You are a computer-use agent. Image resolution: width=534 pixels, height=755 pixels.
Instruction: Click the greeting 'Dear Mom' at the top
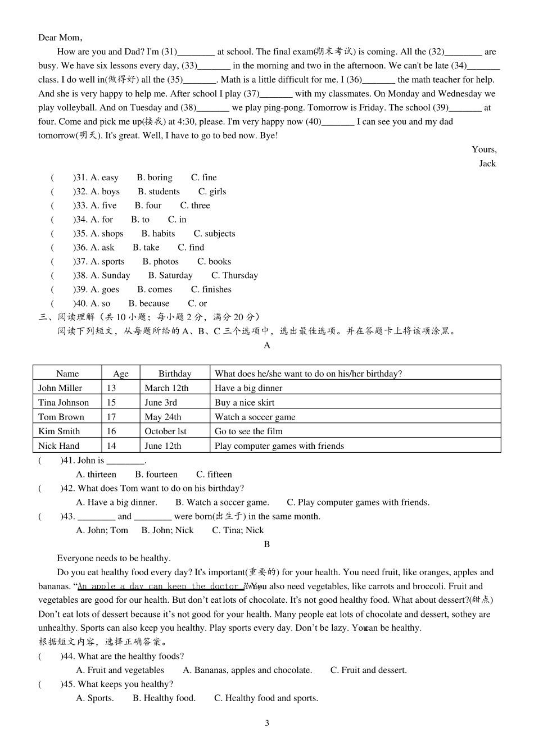(60, 38)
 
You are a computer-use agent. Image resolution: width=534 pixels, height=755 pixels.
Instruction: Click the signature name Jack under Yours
(487, 163)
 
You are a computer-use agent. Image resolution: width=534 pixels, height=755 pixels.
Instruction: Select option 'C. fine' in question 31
(203, 178)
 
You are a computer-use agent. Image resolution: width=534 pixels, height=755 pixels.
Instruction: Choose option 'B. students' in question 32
(159, 192)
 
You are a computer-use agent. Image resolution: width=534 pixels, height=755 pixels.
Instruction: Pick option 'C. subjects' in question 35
(214, 234)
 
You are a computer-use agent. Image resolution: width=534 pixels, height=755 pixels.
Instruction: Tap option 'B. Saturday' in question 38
(170, 276)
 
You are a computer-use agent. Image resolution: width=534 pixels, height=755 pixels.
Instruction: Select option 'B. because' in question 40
(148, 303)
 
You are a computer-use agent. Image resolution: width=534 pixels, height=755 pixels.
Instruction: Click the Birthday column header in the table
(174, 374)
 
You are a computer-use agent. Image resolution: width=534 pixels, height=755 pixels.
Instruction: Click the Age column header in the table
(121, 374)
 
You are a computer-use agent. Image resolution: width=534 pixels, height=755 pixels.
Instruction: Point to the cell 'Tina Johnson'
(64, 402)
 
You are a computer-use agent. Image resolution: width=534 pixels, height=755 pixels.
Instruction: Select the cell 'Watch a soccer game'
(255, 417)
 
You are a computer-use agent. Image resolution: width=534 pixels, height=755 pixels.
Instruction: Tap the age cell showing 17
(111, 417)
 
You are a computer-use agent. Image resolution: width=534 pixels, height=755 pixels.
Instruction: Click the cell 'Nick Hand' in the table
(58, 446)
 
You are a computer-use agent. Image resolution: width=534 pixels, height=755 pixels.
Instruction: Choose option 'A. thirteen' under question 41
(96, 474)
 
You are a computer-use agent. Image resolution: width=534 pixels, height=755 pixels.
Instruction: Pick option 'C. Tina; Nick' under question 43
(237, 530)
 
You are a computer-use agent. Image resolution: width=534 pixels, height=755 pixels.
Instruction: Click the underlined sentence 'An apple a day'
(160, 586)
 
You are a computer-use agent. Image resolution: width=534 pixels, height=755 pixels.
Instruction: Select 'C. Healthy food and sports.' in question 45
(266, 698)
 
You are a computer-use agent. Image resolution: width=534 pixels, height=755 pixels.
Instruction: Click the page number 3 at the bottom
(267, 723)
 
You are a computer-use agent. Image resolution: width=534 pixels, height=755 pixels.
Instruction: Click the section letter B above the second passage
(267, 544)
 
